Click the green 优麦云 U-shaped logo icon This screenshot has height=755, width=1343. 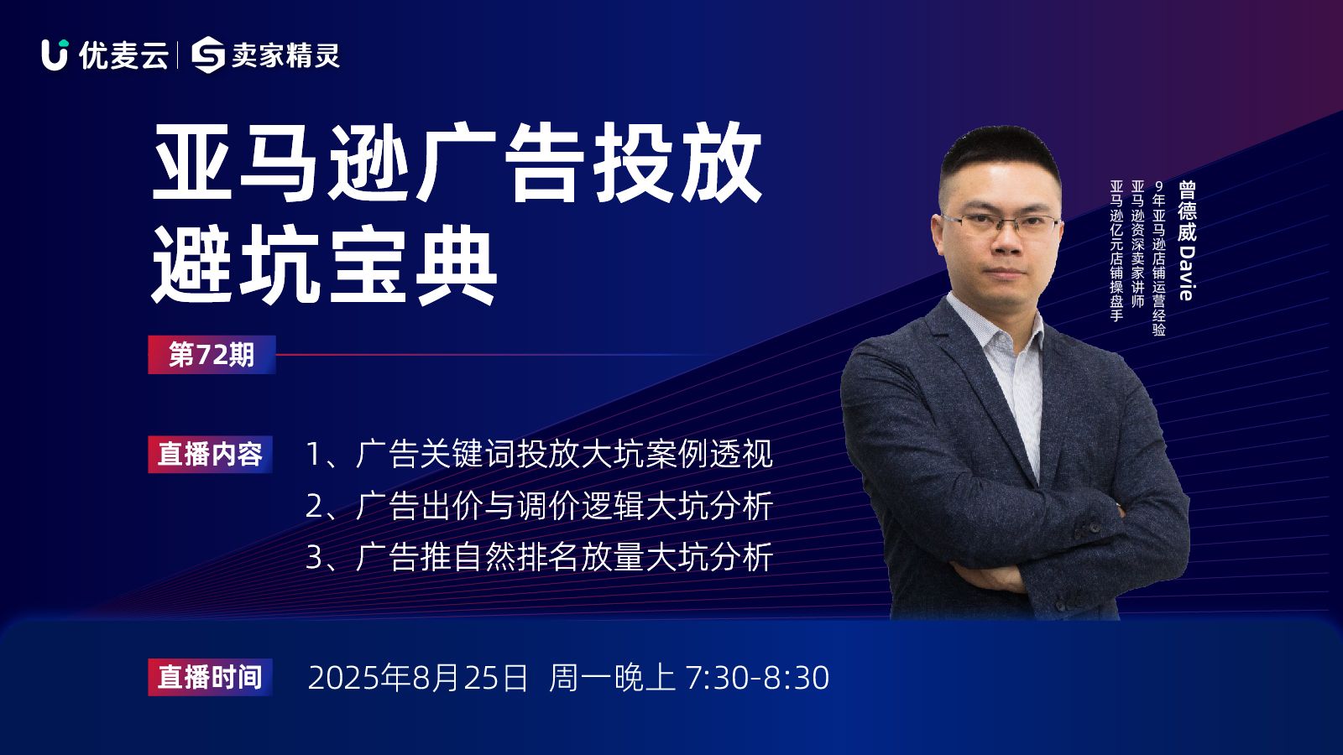(x=55, y=55)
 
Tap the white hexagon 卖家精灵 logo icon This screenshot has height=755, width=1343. (x=207, y=55)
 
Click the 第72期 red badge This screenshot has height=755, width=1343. (x=212, y=355)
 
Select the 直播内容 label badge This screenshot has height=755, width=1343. (x=210, y=454)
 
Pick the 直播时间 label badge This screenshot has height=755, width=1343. (x=210, y=677)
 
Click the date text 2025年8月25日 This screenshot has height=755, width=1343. (x=417, y=678)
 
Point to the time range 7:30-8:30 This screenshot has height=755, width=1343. (x=756, y=678)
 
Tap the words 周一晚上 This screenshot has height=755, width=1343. (x=612, y=678)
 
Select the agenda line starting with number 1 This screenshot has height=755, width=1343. (x=539, y=454)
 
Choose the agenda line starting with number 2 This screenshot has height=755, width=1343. (x=539, y=507)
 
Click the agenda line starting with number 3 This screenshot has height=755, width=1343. (x=539, y=557)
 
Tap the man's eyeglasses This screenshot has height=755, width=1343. (x=1000, y=226)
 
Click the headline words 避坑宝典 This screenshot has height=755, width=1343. (x=324, y=264)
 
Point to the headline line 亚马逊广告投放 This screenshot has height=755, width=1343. (x=457, y=162)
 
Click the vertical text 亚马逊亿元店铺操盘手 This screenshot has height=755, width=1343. (x=1116, y=251)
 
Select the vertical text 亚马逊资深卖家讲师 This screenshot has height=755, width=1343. (x=1137, y=244)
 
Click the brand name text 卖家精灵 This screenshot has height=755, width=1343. (x=286, y=55)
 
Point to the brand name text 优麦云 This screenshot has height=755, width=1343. (x=123, y=55)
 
